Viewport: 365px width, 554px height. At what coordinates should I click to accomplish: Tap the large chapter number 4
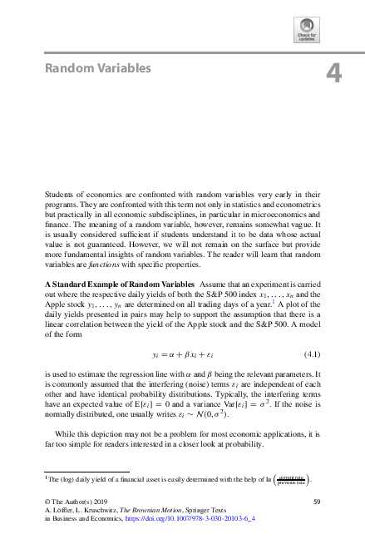pyautogui.click(x=333, y=75)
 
